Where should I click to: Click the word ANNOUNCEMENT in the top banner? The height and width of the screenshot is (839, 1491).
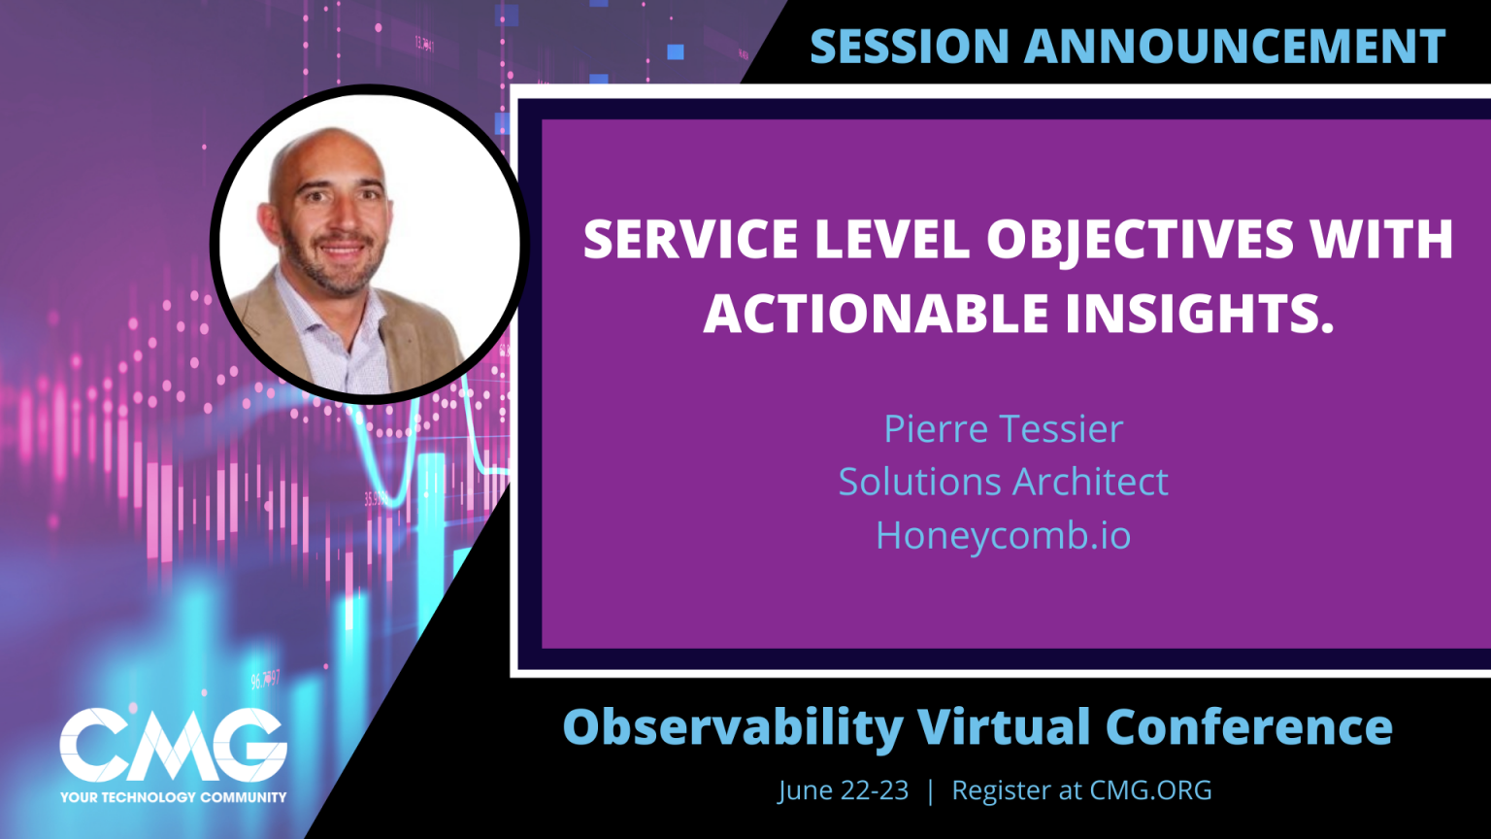1234,46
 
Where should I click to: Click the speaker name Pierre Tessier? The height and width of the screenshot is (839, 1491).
1003,429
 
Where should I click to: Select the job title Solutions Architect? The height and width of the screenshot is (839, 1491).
1003,482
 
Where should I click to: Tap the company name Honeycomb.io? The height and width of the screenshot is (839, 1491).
1003,535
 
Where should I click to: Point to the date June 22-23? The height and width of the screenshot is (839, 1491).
843,790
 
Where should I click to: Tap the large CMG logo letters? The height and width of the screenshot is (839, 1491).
173,746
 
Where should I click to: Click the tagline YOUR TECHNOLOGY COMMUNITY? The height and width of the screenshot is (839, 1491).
173,797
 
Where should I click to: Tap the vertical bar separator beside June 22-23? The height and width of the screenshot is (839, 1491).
930,790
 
